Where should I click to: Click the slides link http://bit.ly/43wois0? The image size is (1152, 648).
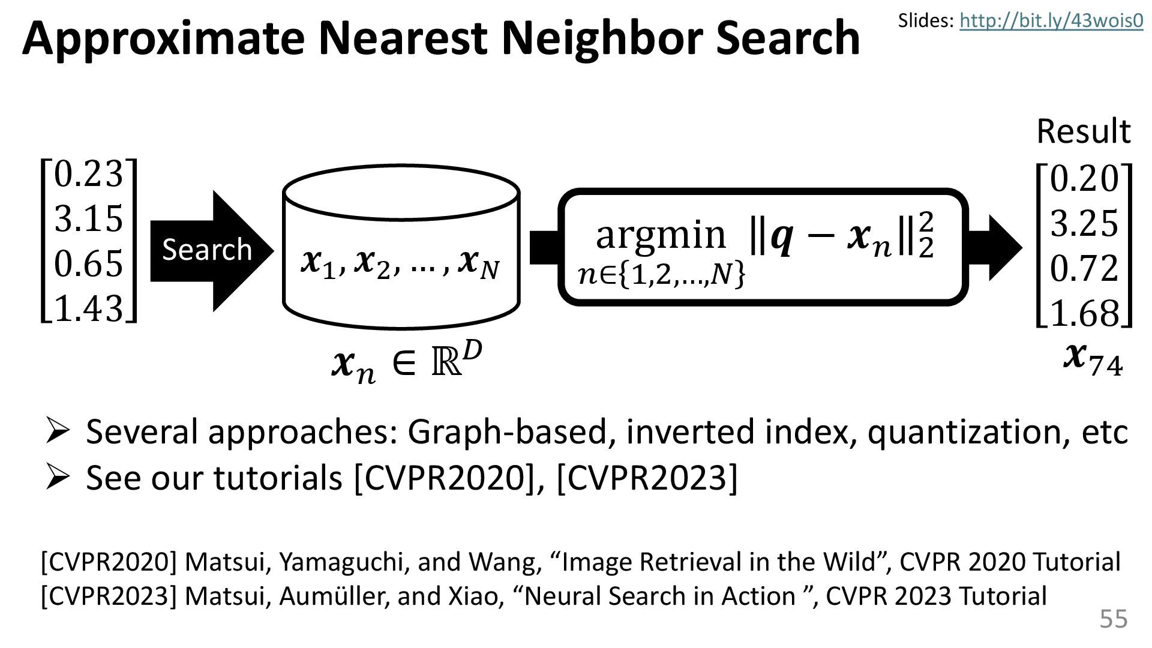pos(1051,21)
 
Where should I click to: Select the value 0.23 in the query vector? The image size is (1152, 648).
pos(89,174)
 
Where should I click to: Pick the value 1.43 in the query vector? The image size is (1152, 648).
pos(89,308)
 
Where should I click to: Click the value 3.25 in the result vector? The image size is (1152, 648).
pos(1084,224)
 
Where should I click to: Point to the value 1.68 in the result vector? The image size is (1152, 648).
pos(1084,314)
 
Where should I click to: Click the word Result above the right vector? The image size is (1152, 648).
pos(1083,131)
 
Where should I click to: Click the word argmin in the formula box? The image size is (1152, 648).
pos(660,235)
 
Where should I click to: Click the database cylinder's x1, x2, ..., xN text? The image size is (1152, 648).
pos(400,264)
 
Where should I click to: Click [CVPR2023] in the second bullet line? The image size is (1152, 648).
pos(647,478)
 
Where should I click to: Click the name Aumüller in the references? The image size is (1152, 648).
pos(332,596)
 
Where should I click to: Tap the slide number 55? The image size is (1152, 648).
pos(1113,619)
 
